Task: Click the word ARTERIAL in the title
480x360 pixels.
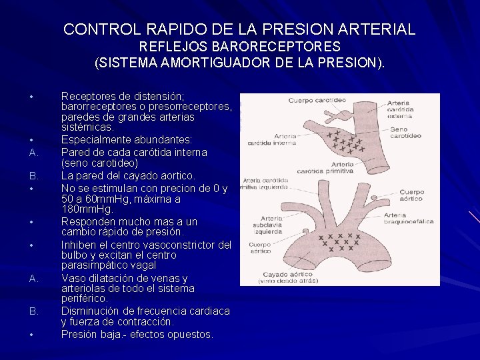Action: click(377, 29)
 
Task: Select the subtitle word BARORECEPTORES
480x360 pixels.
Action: click(276, 47)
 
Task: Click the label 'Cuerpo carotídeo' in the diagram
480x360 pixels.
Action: click(317, 101)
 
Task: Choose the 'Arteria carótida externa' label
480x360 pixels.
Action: click(400, 109)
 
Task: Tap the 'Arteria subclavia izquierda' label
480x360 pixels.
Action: click(267, 225)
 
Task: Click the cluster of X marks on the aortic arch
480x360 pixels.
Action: click(340, 241)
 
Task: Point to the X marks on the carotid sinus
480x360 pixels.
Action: click(345, 141)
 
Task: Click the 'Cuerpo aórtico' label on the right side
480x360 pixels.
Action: click(411, 195)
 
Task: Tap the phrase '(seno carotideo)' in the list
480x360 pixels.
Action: click(100, 163)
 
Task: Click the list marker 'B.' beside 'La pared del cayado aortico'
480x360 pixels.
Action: click(33, 176)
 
